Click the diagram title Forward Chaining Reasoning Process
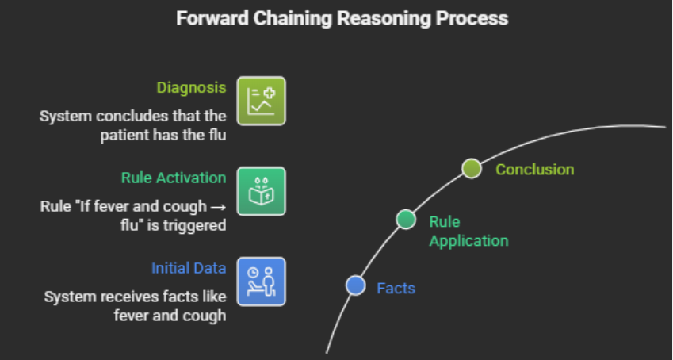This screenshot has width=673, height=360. click(x=342, y=18)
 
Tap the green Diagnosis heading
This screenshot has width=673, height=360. click(x=191, y=88)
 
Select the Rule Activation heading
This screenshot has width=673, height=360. click(x=174, y=178)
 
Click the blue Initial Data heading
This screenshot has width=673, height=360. click(x=189, y=268)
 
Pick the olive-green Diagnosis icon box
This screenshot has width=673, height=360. click(x=262, y=101)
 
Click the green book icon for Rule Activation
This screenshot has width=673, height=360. click(x=262, y=191)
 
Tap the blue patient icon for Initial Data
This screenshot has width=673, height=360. click(x=262, y=281)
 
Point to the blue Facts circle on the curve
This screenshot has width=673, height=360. click(x=355, y=285)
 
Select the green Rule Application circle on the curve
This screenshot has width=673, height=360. click(x=406, y=220)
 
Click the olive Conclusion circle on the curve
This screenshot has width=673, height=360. click(x=472, y=168)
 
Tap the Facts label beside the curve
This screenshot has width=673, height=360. click(x=396, y=289)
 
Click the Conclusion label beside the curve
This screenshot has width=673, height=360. click(x=535, y=169)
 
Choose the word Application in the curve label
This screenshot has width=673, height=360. click(x=468, y=241)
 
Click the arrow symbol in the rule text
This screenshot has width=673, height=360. click(x=219, y=207)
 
